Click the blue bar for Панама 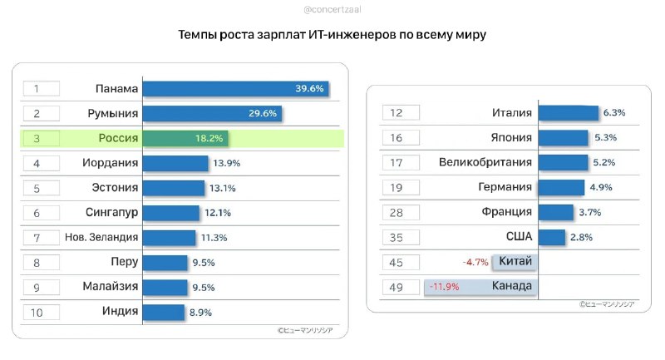click(x=235, y=89)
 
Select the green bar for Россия click(x=185, y=138)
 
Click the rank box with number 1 click(x=42, y=89)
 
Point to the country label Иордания click(x=111, y=163)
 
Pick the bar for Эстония click(x=173, y=188)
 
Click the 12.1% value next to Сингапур click(x=217, y=213)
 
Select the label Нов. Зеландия click(x=101, y=238)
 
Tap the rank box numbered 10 click(x=42, y=313)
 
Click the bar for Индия click(x=163, y=313)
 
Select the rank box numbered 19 click(x=401, y=188)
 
